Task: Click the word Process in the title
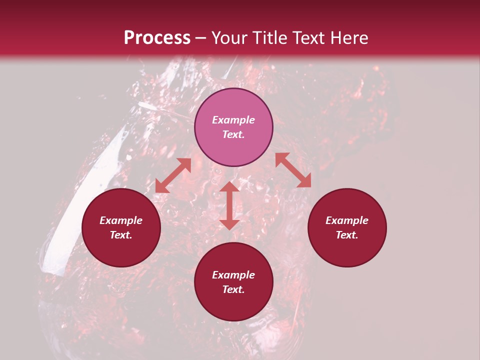(157, 38)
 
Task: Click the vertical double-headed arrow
(229, 205)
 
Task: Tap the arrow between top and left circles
(173, 176)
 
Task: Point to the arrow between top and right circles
(293, 170)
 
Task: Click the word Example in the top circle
(233, 120)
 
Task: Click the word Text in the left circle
(121, 235)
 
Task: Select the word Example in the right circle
(347, 220)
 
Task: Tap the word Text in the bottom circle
(233, 289)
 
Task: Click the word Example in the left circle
(121, 220)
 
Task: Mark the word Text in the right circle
(347, 235)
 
